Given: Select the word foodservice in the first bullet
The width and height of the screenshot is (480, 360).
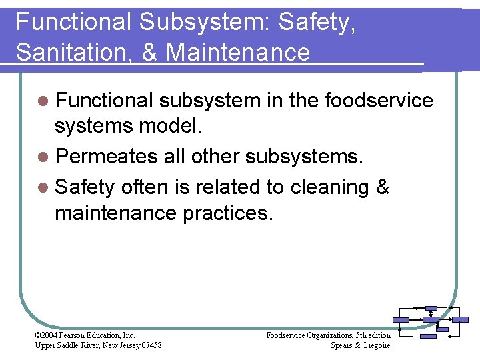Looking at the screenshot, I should pos(379,101).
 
